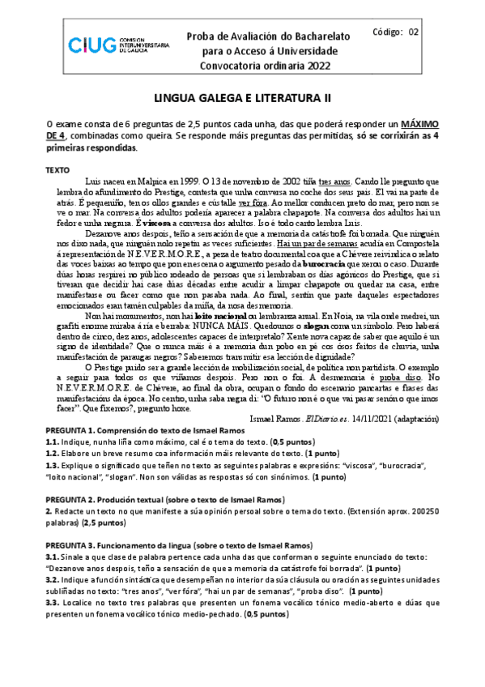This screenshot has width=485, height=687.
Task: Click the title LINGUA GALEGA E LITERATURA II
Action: click(x=243, y=98)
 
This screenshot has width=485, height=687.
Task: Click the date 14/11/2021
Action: click(x=377, y=420)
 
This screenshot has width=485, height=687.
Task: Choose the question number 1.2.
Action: click(x=53, y=454)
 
